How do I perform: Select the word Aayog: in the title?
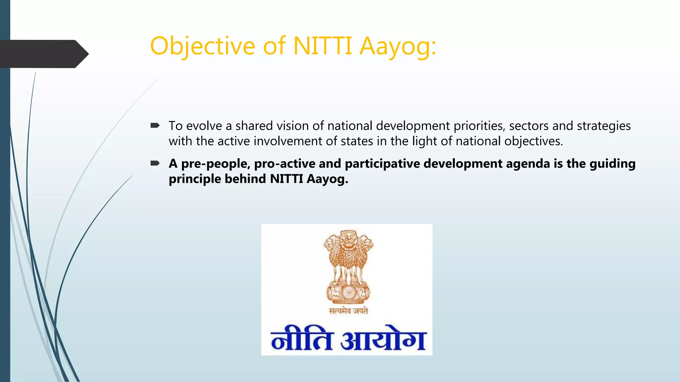(398, 46)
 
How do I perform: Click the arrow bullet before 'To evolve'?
(155, 126)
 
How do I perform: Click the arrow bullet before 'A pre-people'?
(155, 163)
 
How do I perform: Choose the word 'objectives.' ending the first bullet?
(534, 141)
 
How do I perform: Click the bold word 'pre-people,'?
(215, 164)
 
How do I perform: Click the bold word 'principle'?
(195, 179)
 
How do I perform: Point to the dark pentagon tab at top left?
(43, 54)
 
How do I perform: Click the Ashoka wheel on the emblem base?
(348, 292)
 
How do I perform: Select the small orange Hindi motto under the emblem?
(348, 311)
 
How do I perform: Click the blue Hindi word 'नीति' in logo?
(301, 339)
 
